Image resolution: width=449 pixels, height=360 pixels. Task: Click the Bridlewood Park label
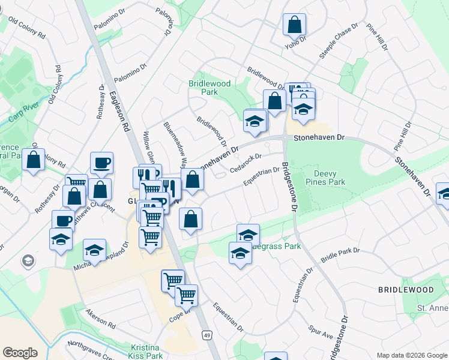click(209, 88)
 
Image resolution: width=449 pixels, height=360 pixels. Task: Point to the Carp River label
click(23, 114)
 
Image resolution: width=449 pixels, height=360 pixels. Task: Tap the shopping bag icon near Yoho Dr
click(295, 26)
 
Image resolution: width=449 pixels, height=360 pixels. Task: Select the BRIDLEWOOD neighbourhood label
click(406, 290)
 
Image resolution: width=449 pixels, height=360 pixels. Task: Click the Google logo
click(20, 352)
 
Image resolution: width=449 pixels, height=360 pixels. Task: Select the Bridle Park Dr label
click(340, 254)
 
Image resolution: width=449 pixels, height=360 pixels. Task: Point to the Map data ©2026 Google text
click(411, 355)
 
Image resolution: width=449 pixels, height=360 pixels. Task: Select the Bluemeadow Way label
click(176, 144)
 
